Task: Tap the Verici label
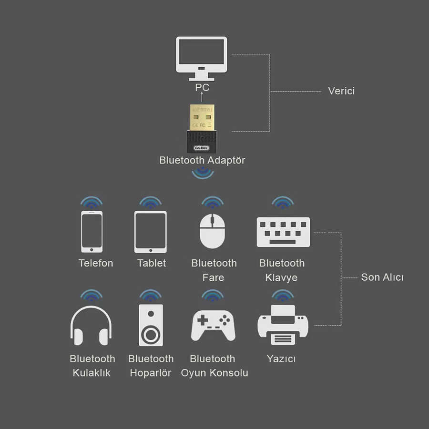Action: [x=341, y=91]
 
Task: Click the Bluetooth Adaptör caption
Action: [x=202, y=160]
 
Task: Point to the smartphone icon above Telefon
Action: [x=92, y=231]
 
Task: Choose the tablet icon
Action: [x=151, y=232]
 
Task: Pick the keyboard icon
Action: [x=283, y=232]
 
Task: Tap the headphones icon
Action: [x=91, y=324]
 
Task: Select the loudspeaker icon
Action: [x=151, y=325]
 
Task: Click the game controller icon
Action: [x=213, y=326]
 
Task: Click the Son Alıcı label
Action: [x=382, y=277]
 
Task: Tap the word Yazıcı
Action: [x=281, y=359]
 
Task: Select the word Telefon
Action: [x=96, y=263]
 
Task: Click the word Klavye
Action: [x=281, y=277]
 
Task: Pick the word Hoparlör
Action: [x=151, y=373]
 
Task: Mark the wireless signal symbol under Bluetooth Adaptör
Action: [x=203, y=174]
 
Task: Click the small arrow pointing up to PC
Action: [x=202, y=97]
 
